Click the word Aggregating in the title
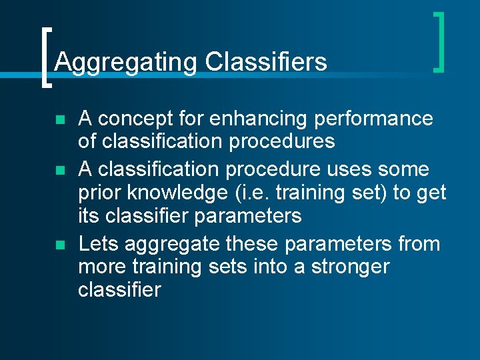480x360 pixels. tap(126, 62)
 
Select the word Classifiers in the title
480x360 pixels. tap(266, 61)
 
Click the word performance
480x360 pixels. tap(373, 119)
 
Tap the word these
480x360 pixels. tap(255, 244)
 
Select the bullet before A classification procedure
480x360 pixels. tap(59, 171)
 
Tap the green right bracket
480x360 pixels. tap(438, 41)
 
